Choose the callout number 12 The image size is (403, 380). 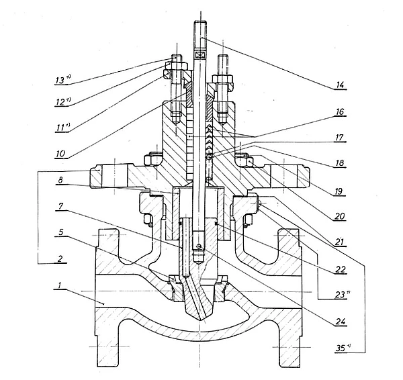click(61, 102)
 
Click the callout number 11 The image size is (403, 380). click(61, 126)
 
